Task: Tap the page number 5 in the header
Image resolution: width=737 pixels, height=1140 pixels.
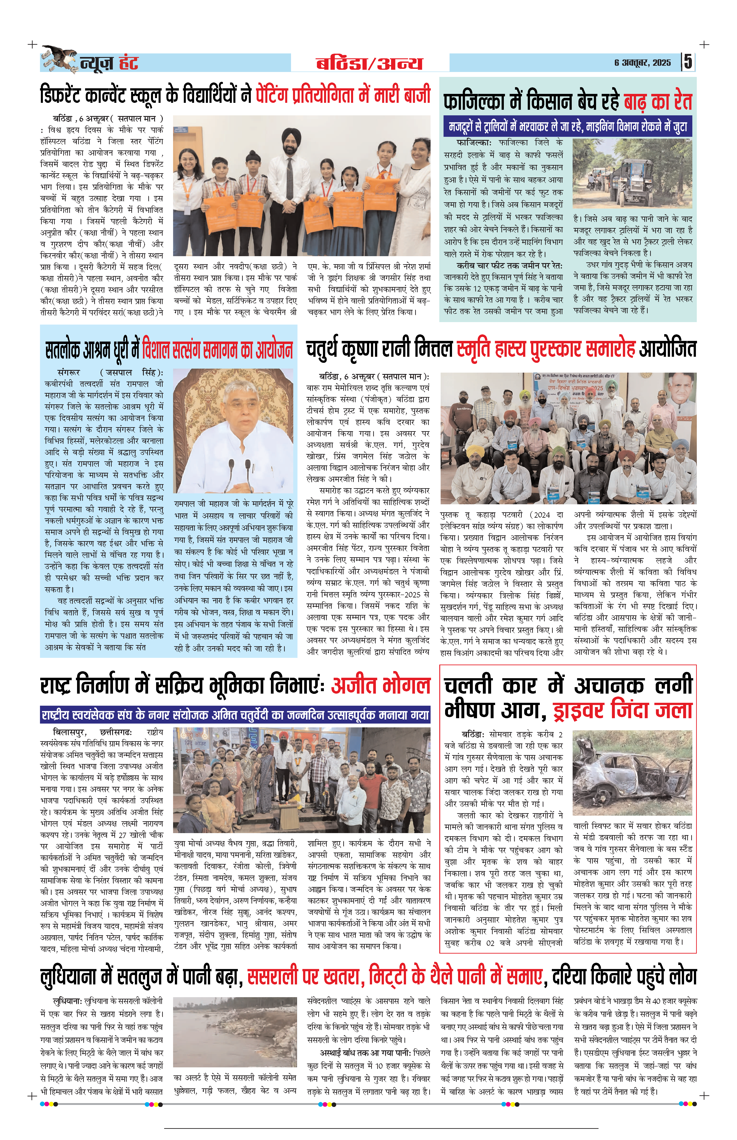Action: [x=688, y=62]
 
